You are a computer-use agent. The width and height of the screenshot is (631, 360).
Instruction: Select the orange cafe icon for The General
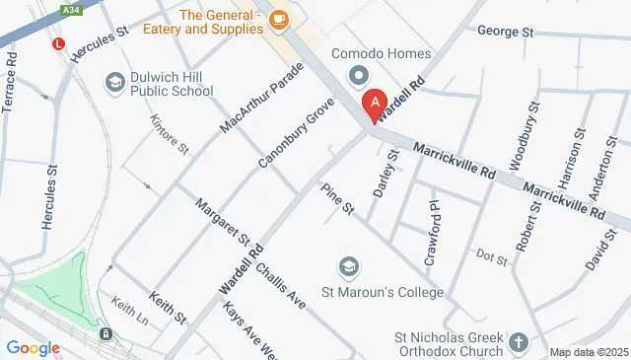point(278,19)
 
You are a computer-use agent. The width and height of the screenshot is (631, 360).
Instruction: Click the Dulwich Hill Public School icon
point(114,82)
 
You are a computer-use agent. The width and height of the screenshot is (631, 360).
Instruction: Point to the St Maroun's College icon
point(348,267)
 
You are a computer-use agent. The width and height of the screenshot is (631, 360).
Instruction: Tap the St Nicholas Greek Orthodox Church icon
point(520,344)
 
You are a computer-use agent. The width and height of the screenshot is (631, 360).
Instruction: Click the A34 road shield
point(70,8)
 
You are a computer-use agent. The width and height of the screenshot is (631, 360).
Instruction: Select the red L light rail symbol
point(59,44)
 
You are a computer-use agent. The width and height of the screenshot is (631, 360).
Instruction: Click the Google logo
point(33,347)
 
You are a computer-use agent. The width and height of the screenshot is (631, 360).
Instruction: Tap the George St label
point(505,32)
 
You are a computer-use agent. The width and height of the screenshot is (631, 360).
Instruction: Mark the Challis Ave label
point(279,280)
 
